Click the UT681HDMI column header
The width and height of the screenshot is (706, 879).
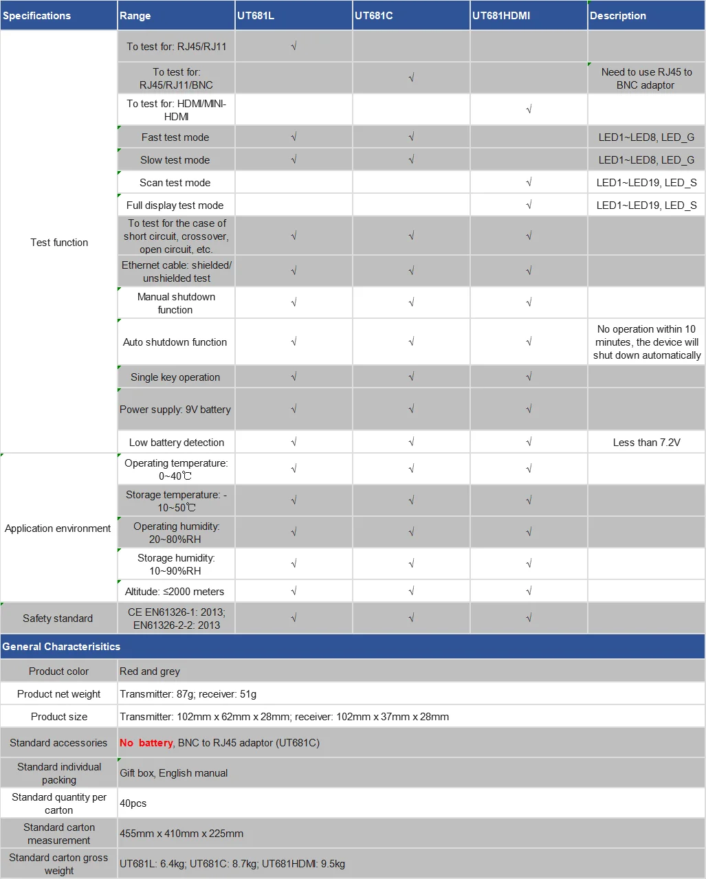click(x=501, y=16)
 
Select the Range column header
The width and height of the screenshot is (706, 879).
click(x=135, y=16)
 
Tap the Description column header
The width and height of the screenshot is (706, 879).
click(x=618, y=16)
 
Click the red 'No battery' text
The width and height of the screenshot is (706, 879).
click(x=146, y=743)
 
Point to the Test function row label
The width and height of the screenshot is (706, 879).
click(x=59, y=243)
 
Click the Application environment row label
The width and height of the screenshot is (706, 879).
click(x=58, y=528)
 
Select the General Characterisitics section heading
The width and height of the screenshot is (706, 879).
click(x=61, y=647)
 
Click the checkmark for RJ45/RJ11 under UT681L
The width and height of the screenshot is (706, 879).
click(x=294, y=47)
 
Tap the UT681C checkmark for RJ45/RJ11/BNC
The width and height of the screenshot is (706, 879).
click(x=411, y=78)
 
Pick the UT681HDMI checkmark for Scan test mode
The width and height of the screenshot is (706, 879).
click(x=529, y=182)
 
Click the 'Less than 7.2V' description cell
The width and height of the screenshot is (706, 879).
click(x=646, y=443)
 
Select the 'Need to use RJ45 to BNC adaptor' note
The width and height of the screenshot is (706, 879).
click(x=646, y=78)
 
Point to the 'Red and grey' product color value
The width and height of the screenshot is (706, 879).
click(x=150, y=671)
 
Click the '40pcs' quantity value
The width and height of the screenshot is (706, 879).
click(x=133, y=803)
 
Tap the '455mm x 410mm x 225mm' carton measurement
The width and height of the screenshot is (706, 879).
click(x=181, y=834)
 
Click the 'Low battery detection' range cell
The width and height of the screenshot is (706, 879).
click(x=176, y=443)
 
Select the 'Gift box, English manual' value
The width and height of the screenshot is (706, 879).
click(x=174, y=773)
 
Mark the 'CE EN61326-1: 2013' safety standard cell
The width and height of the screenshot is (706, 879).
click(x=176, y=619)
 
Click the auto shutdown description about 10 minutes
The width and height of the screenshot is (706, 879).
click(x=646, y=342)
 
